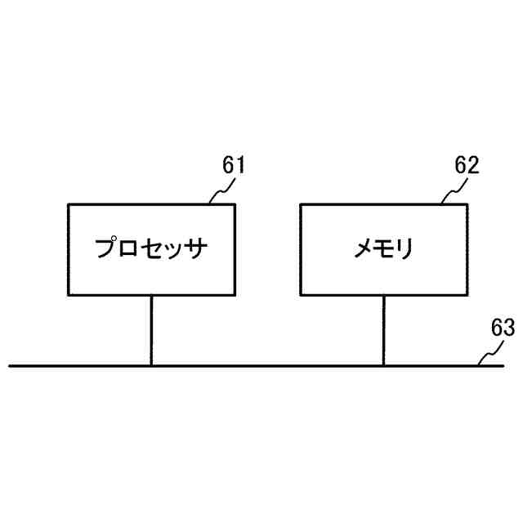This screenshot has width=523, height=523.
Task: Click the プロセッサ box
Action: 151,249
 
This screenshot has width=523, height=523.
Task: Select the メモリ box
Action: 383,249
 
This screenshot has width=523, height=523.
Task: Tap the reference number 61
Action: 234,166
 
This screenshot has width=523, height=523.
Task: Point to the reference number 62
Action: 467,166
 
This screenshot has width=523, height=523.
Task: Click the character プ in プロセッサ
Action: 106,248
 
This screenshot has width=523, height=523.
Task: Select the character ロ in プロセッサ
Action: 131,248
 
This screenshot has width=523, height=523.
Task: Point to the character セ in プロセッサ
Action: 154,248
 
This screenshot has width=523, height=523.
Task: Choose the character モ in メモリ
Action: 385,248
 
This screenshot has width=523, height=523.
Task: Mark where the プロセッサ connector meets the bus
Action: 151,365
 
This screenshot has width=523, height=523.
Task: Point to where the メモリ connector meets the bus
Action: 383,365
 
